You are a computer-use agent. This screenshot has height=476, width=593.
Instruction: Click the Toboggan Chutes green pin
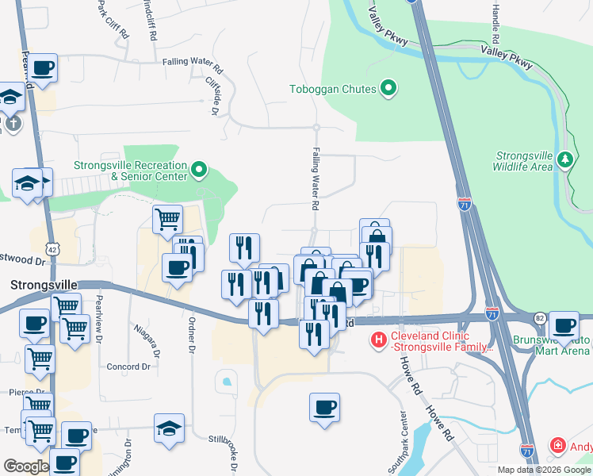(x=388, y=89)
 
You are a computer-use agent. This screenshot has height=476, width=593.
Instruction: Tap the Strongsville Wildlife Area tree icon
(x=565, y=159)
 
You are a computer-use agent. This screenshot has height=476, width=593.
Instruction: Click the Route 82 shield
(x=539, y=317)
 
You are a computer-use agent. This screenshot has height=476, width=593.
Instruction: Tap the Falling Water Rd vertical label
(x=315, y=178)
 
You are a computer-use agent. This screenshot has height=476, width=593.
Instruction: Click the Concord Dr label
(x=128, y=367)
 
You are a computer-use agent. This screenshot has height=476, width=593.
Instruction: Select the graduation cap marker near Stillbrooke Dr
(x=170, y=428)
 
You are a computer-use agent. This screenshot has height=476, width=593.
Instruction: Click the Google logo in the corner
(x=25, y=466)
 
